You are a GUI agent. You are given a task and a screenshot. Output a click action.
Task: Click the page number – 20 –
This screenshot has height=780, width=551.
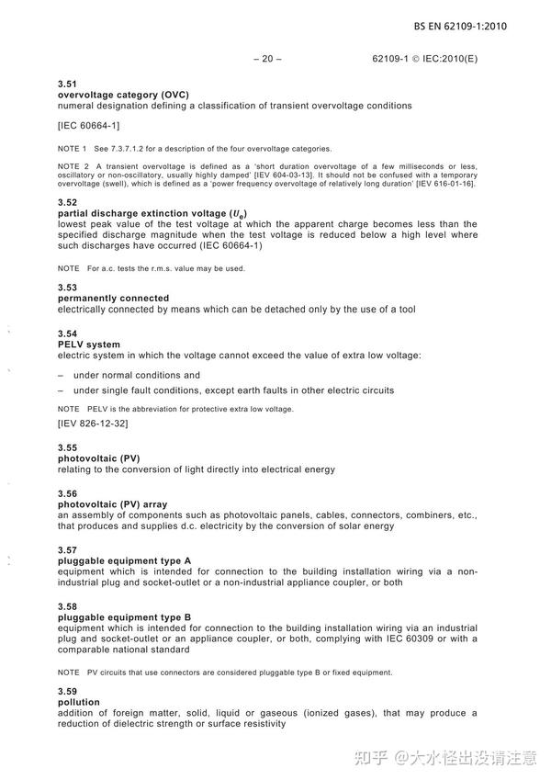coord(266,60)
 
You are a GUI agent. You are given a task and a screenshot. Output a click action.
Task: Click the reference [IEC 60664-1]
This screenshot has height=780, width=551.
coord(88,124)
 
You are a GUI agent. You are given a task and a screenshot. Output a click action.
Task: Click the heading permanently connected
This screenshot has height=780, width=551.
coord(113,299)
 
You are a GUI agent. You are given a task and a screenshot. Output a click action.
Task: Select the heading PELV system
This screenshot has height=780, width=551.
coord(89,345)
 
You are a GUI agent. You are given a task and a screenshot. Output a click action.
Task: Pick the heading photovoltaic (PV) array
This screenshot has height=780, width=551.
coord(112,504)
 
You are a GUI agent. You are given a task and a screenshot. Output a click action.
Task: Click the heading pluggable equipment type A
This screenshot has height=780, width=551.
coord(124,560)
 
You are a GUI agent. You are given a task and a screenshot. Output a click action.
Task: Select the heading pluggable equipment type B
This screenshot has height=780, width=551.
coord(124,617)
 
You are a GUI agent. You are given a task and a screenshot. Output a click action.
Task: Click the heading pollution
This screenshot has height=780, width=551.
coord(78,702)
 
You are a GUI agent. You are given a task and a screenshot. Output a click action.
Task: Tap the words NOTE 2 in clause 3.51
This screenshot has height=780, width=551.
coord(73,165)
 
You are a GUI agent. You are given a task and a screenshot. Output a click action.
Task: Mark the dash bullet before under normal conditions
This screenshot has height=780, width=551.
coord(61,376)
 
